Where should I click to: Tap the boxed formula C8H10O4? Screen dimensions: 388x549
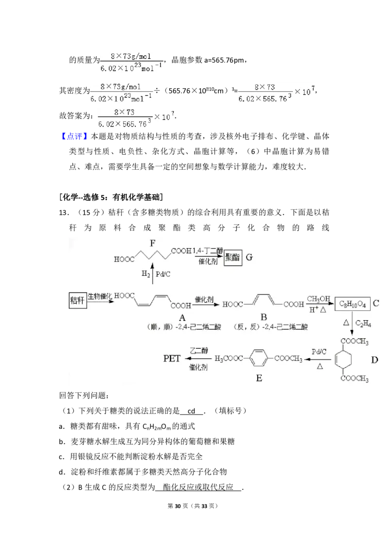click(353, 304)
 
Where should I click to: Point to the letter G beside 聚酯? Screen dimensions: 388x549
click(249, 258)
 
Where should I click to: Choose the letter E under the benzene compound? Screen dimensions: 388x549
click(259, 378)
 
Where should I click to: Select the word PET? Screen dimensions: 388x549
click(172, 359)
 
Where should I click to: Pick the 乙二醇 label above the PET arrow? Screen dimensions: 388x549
click(198, 351)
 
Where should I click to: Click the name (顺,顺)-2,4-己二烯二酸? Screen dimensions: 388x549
click(183, 327)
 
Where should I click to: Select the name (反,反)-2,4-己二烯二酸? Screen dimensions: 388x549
click(271, 327)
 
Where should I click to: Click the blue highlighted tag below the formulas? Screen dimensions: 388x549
click(75, 137)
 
